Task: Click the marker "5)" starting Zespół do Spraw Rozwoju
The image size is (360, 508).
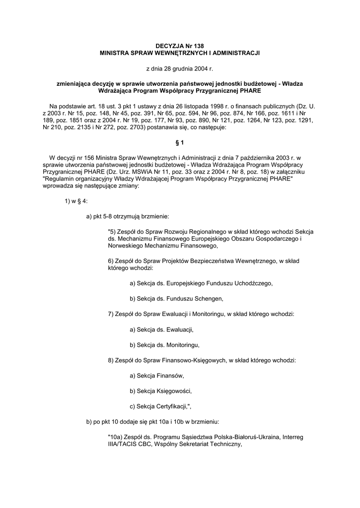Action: pyautogui.click(x=111, y=231)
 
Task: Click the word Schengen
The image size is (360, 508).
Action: pyautogui.click(x=209, y=298)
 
